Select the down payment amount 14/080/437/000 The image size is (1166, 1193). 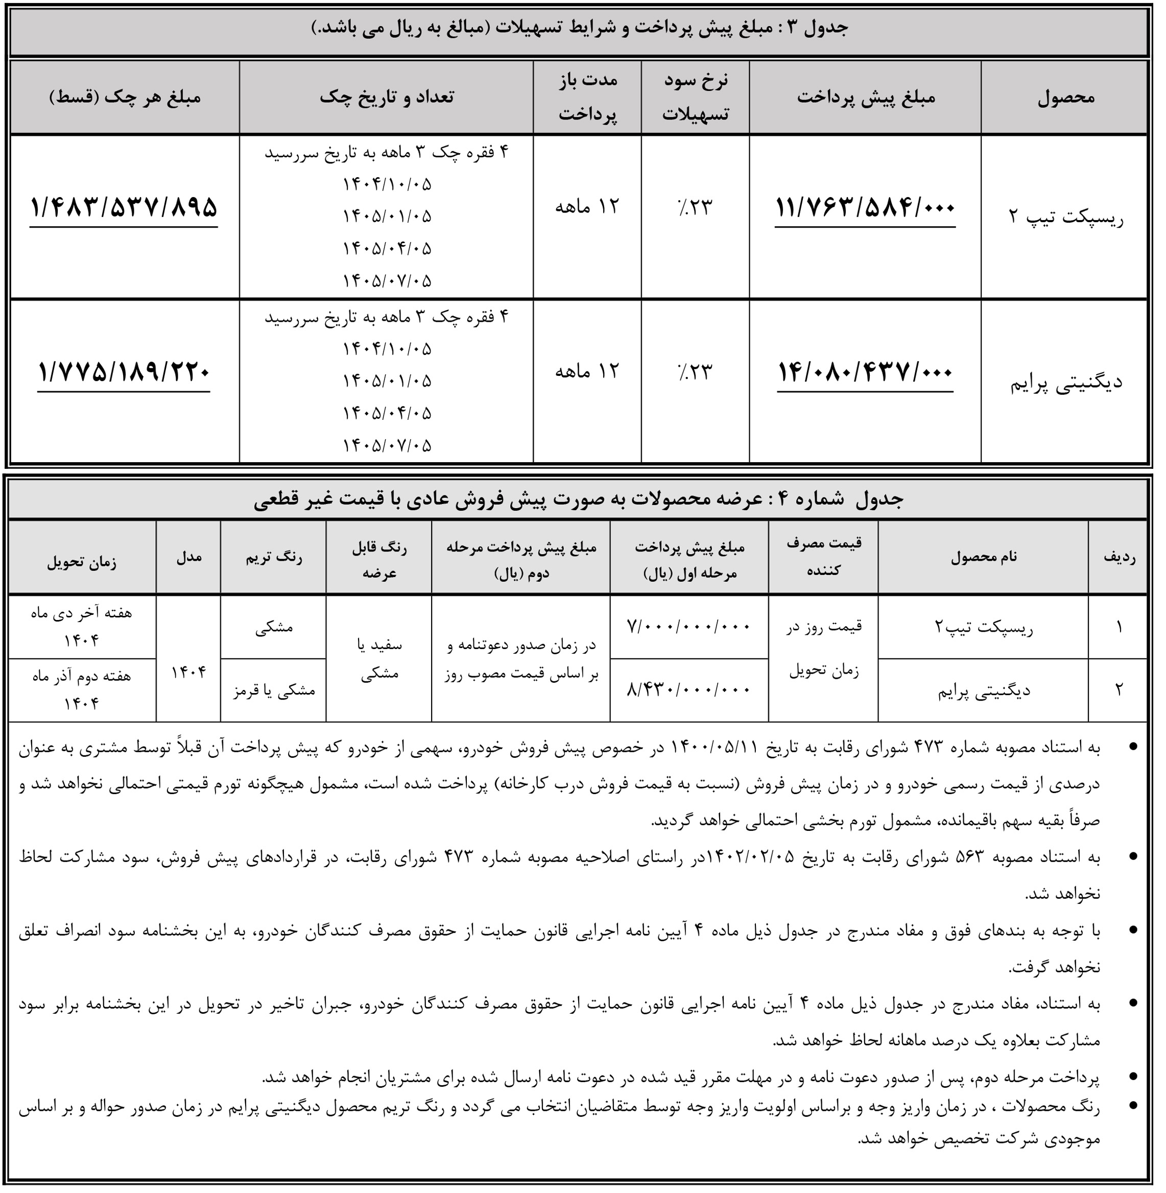click(x=865, y=372)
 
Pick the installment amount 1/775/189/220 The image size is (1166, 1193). click(x=124, y=372)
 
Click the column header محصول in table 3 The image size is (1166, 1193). click(x=1065, y=98)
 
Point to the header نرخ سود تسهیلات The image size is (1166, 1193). click(x=695, y=98)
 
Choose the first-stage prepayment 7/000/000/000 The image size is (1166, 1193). click(x=688, y=627)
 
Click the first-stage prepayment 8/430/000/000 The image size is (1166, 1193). click(x=688, y=690)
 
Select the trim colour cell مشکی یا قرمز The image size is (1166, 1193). click(x=274, y=690)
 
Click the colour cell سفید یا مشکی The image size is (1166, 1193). click(x=379, y=659)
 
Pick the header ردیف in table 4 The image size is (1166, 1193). click(x=1119, y=557)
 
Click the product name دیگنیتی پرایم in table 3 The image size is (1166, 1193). click(x=1065, y=383)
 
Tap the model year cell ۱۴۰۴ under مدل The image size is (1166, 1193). click(x=188, y=672)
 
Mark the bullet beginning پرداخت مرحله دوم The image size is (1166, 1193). click(x=680, y=1077)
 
